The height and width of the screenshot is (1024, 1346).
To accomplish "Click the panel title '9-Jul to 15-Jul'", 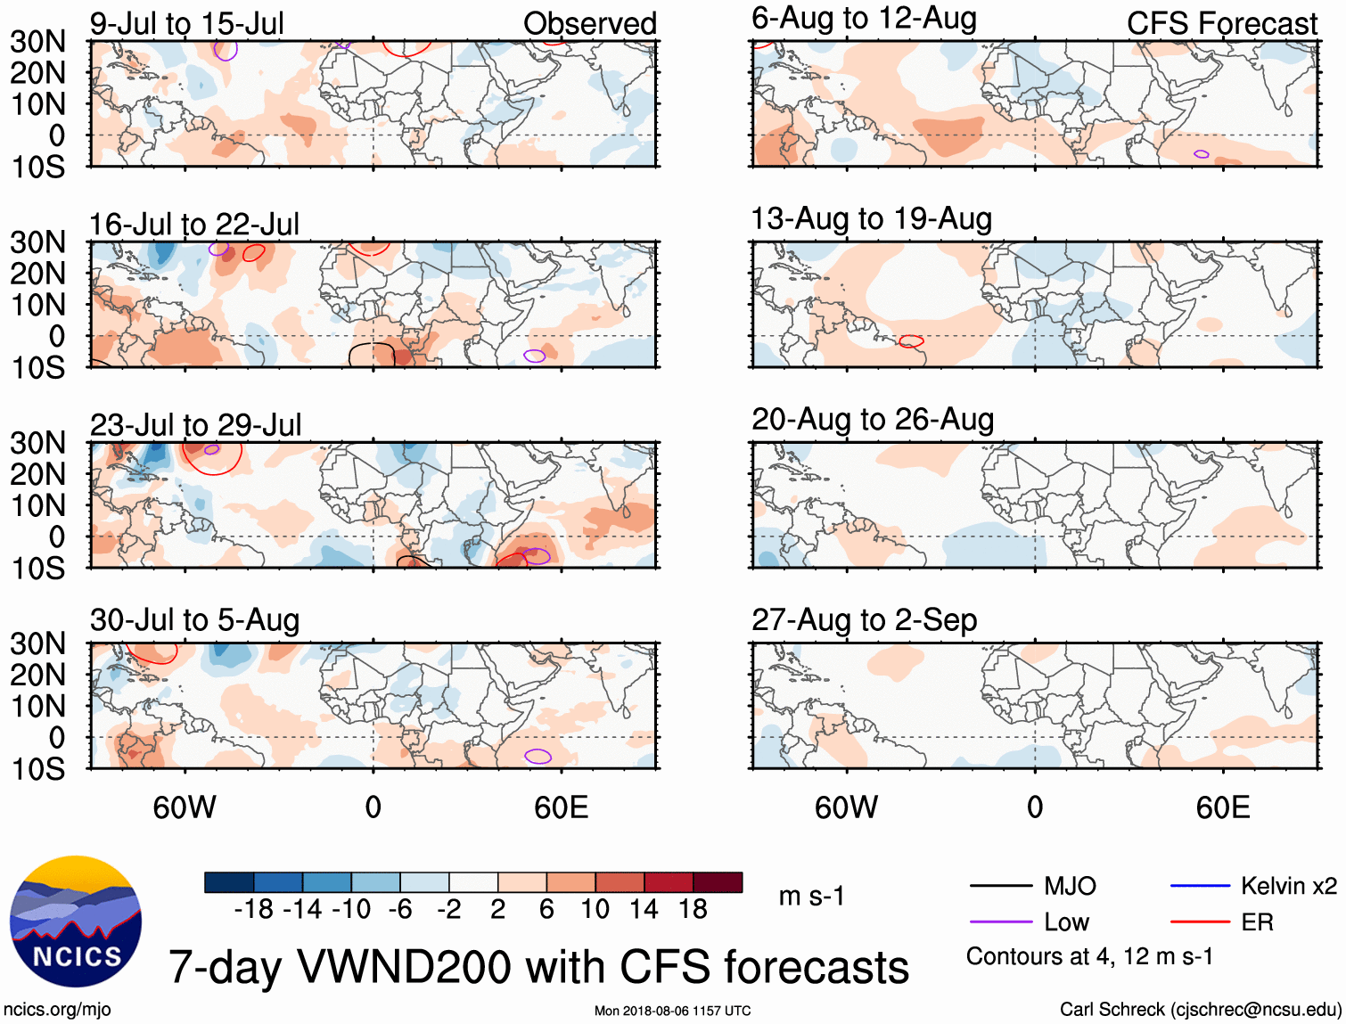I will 186,24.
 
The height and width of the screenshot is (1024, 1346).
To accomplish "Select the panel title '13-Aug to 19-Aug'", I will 871,219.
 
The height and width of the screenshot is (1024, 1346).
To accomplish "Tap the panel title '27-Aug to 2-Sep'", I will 864,620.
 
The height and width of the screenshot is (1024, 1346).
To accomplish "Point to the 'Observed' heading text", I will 589,24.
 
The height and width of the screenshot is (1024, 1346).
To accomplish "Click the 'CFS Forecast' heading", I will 1221,24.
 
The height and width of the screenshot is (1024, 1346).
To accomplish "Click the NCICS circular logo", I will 76,922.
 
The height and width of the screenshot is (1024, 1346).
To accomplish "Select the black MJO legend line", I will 1000,886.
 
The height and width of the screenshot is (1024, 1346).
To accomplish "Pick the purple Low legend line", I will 1000,922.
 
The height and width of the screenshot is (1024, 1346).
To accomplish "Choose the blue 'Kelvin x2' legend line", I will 1200,886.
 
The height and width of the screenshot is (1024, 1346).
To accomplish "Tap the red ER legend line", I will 1200,922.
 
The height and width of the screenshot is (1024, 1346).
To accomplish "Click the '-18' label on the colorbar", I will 253,910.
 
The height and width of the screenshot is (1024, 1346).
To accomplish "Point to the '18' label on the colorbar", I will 693,910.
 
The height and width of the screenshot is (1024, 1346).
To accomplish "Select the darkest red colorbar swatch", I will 718,882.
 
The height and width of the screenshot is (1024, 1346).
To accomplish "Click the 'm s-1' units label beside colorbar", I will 811,897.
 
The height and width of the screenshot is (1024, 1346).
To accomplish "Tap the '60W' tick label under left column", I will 185,807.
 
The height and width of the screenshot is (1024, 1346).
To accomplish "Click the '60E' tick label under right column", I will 1222,807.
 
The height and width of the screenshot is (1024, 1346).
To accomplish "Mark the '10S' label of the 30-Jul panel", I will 38,769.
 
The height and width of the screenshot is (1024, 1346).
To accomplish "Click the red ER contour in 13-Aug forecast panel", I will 911,341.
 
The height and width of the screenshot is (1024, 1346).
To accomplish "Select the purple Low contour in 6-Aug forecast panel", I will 1202,154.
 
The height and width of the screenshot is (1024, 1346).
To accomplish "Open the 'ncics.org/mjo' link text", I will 57,1010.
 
